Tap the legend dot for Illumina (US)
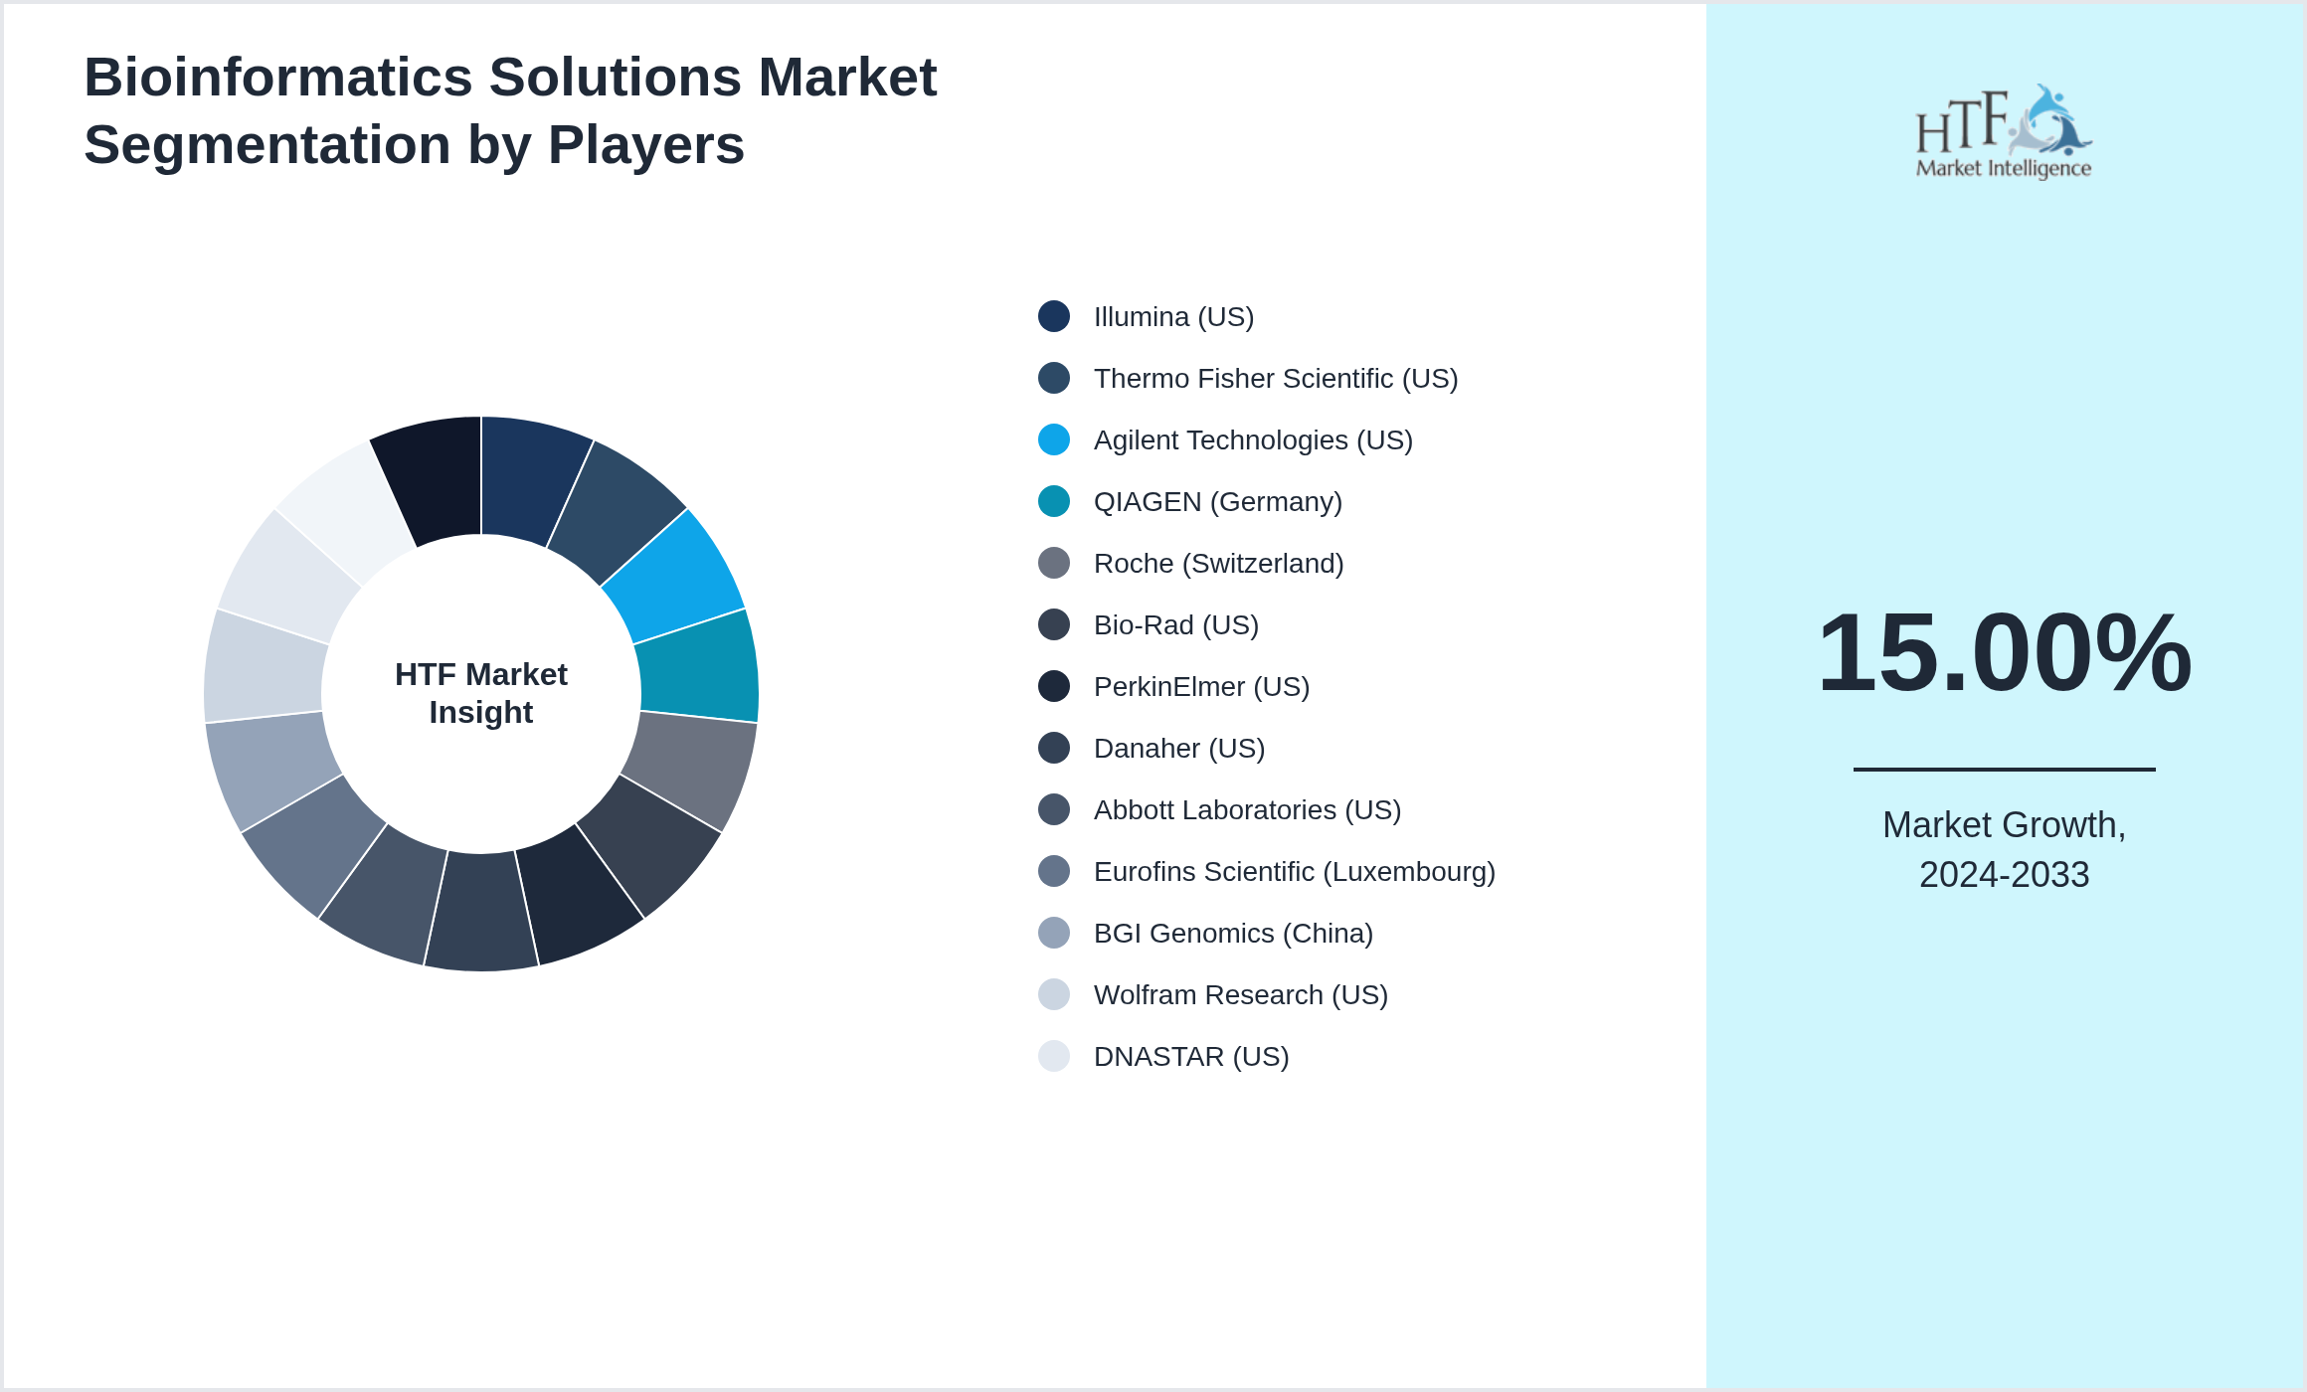pyautogui.click(x=1054, y=316)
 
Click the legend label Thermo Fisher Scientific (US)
pyautogui.click(x=1275, y=379)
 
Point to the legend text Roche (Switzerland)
pyautogui.click(x=1218, y=564)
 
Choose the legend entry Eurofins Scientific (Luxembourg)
pyautogui.click(x=1294, y=872)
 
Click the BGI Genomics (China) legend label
pyautogui.click(x=1233, y=934)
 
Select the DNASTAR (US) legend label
pyautogui.click(x=1190, y=1057)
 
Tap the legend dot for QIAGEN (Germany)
pyautogui.click(x=1054, y=501)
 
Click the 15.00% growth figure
pyautogui.click(x=2004, y=653)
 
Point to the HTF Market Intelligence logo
pyautogui.click(x=2004, y=132)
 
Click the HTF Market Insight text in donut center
pyautogui.click(x=481, y=693)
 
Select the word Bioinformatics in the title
pyautogui.click(x=278, y=78)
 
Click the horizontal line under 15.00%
pyautogui.click(x=2004, y=769)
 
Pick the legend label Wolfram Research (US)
pyautogui.click(x=1240, y=995)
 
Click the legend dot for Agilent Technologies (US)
pyautogui.click(x=1054, y=439)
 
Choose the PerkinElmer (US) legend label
pyautogui.click(x=1201, y=687)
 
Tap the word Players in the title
pyautogui.click(x=645, y=145)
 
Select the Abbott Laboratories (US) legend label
pyautogui.click(x=1247, y=810)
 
